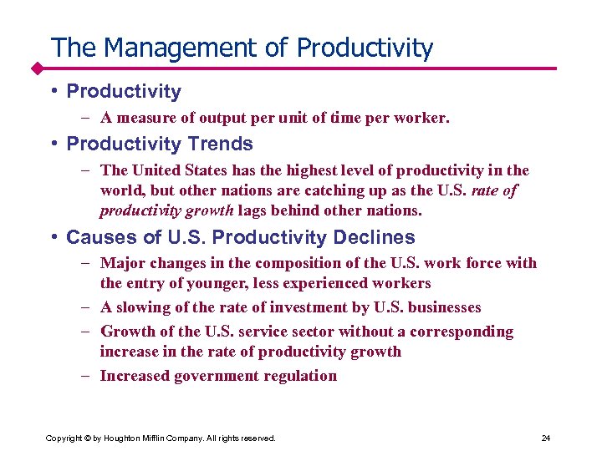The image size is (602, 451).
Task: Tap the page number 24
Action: tap(546, 438)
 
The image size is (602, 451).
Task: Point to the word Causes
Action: tap(98, 237)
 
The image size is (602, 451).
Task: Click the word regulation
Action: tap(302, 376)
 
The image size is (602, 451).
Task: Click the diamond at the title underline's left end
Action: tap(38, 67)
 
